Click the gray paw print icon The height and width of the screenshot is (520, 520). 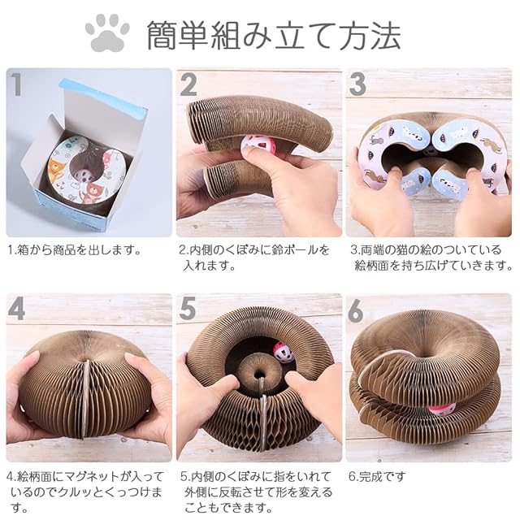click(x=107, y=32)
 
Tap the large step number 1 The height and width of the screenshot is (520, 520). click(x=16, y=84)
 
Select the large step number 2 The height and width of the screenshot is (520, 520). click(x=188, y=84)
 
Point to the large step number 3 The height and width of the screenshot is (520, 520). click(x=357, y=84)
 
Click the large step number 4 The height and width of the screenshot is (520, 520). click(x=16, y=310)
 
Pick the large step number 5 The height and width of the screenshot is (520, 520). click(x=188, y=310)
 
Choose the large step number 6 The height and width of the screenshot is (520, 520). click(x=356, y=311)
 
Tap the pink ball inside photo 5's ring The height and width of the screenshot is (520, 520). click(x=281, y=353)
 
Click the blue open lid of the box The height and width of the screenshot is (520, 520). click(x=105, y=97)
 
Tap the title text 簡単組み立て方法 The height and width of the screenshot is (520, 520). click(x=274, y=35)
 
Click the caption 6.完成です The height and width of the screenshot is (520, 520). click(x=377, y=477)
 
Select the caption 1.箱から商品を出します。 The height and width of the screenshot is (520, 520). click(x=76, y=249)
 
